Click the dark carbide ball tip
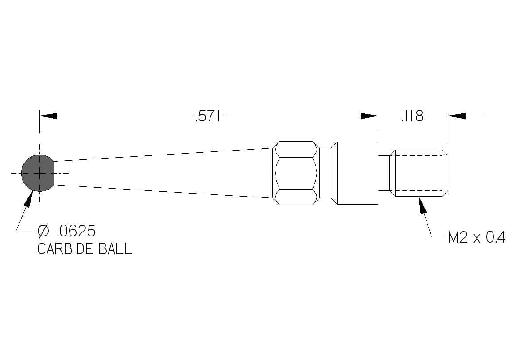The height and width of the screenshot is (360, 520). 38,173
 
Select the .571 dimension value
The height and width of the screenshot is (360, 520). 208,116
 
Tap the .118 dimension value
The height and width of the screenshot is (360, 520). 412,116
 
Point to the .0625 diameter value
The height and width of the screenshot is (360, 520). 76,231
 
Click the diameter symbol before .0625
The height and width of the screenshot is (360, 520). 43,231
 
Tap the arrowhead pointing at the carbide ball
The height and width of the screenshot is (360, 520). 30,198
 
